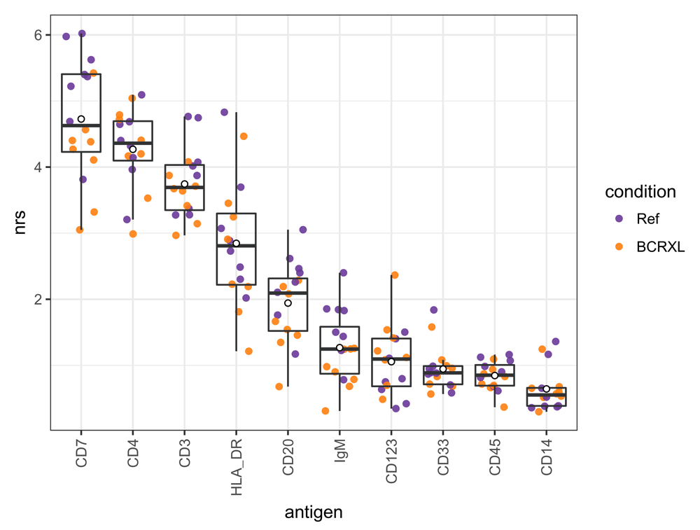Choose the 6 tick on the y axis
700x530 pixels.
pos(39,35)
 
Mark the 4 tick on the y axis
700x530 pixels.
pos(39,167)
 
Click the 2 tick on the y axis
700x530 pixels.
pos(39,300)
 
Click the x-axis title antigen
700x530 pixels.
pos(314,513)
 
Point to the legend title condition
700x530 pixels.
pos(640,192)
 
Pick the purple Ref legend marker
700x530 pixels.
pos(619,218)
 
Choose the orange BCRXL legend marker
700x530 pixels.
pos(619,247)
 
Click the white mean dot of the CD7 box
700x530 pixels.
pos(81,119)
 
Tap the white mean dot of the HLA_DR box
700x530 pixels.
pos(236,243)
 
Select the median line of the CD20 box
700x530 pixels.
pos(288,293)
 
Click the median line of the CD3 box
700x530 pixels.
pos(184,188)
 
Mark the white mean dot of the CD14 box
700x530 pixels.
pos(547,389)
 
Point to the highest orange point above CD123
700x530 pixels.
pos(395,275)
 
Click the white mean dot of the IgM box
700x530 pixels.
pos(339,347)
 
